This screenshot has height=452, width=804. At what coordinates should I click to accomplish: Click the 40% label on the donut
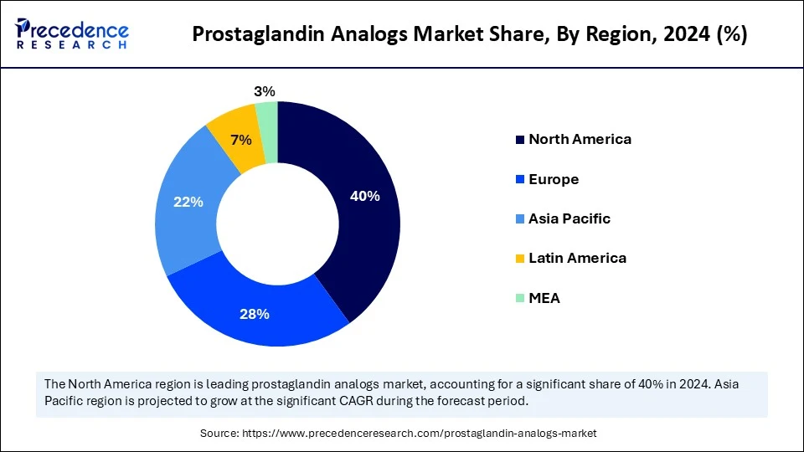(x=365, y=196)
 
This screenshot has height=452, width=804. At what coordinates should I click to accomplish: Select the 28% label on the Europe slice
(x=255, y=314)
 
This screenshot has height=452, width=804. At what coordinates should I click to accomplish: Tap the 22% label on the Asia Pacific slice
(x=188, y=202)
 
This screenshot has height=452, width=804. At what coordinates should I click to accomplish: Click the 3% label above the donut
(x=265, y=91)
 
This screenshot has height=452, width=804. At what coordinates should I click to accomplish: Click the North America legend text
(x=580, y=139)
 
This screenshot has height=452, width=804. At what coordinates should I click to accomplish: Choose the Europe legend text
(x=554, y=179)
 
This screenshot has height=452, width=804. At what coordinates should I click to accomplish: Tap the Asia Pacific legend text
(x=569, y=218)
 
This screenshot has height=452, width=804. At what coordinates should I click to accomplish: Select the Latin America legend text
(x=577, y=258)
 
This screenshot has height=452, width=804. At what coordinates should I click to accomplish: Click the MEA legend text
(x=544, y=298)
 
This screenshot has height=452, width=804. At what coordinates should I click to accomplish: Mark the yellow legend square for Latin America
(x=520, y=259)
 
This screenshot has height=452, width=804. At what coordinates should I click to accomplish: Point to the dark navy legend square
(x=520, y=140)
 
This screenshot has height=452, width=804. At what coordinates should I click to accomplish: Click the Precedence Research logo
(x=72, y=34)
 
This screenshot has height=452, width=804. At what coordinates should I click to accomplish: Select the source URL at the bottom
(x=419, y=434)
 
